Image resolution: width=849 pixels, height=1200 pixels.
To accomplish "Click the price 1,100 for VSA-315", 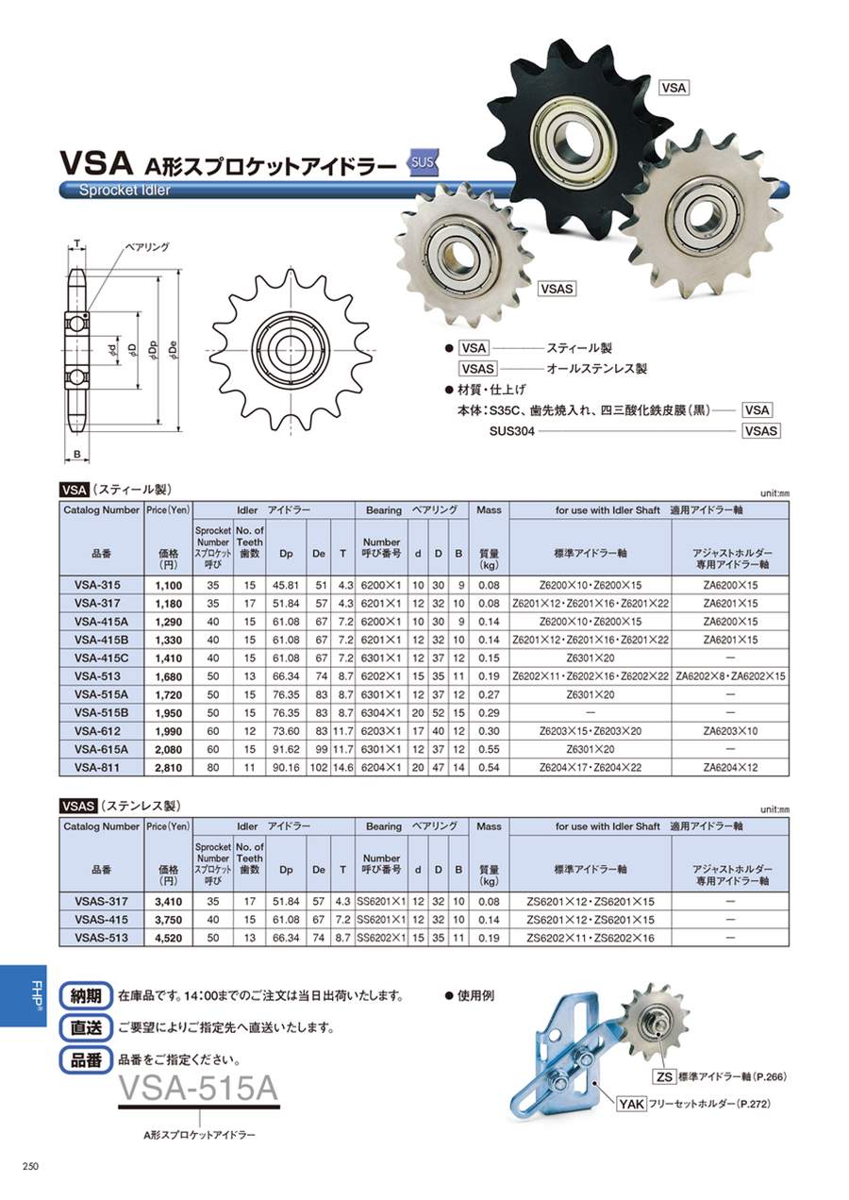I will click(x=168, y=585).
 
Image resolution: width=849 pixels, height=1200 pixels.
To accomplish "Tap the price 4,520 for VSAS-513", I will click(x=168, y=938).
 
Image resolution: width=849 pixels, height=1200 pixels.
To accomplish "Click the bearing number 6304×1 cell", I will click(x=382, y=713).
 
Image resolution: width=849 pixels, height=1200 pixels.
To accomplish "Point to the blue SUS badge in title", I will click(x=424, y=162).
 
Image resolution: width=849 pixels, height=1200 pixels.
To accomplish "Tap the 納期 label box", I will click(x=84, y=995).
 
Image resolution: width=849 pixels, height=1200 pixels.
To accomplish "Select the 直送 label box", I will click(x=84, y=1027).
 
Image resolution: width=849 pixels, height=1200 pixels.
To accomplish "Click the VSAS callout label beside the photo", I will click(x=558, y=290).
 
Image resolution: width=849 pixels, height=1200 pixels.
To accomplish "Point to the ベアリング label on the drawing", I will click(x=146, y=246).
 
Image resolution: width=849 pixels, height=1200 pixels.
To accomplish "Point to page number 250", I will click(x=29, y=1167).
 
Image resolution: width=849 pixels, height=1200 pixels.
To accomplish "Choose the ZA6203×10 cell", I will click(x=730, y=731).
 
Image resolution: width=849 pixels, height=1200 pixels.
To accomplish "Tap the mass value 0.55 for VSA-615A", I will click(x=489, y=749).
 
